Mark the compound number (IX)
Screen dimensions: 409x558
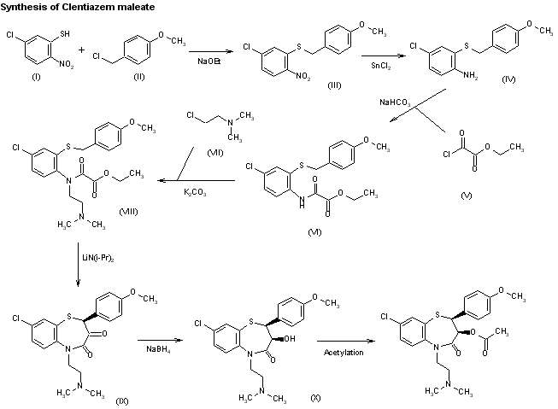tap(122, 400)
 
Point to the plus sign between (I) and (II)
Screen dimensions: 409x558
tap(83, 50)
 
